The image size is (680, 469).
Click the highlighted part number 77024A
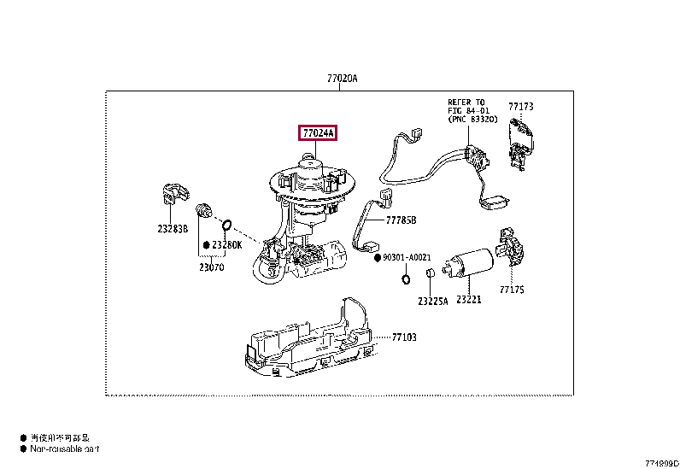(x=318, y=132)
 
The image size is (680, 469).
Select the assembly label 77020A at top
(x=341, y=79)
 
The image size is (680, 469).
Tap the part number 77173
(x=520, y=107)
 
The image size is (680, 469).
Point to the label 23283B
(x=173, y=228)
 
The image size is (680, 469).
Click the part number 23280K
(x=228, y=245)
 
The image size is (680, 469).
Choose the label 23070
(x=211, y=266)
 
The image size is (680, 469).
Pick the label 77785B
(x=400, y=220)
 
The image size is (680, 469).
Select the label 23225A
(x=433, y=301)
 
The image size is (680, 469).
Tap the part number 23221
(x=469, y=300)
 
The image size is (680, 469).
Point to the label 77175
(x=512, y=290)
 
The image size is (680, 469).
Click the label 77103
(x=404, y=337)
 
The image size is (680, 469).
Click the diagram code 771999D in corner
(x=661, y=462)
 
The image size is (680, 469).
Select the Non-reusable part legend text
(x=64, y=448)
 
